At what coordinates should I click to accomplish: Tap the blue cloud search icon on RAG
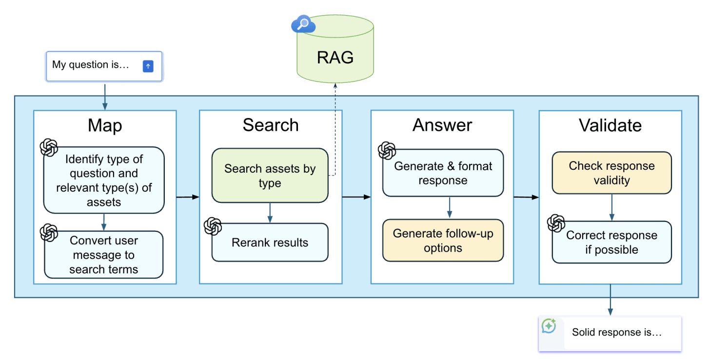pyautogui.click(x=303, y=24)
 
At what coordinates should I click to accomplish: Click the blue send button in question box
pyautogui.click(x=148, y=66)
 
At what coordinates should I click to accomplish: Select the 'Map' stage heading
pyautogui.click(x=105, y=125)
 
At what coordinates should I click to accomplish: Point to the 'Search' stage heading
pyautogui.click(x=271, y=125)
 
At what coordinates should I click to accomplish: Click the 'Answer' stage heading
pyautogui.click(x=442, y=125)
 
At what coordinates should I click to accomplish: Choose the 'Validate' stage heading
pyautogui.click(x=610, y=125)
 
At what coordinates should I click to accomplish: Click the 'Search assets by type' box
pyautogui.click(x=270, y=176)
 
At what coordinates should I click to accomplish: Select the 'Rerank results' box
pyautogui.click(x=270, y=242)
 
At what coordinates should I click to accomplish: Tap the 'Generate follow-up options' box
pyautogui.click(x=443, y=240)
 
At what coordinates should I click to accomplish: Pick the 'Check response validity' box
pyautogui.click(x=611, y=173)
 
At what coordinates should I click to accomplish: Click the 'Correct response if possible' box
pyautogui.click(x=611, y=242)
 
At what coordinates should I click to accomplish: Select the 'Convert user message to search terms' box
pyautogui.click(x=103, y=255)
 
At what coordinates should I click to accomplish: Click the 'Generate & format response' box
pyautogui.click(x=443, y=173)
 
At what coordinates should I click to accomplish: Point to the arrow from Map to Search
pyautogui.click(x=188, y=197)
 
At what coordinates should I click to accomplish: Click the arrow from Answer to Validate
pyautogui.click(x=526, y=197)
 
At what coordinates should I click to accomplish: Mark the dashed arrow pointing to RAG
pyautogui.click(x=335, y=127)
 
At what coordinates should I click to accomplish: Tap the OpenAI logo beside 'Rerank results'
pyautogui.click(x=213, y=226)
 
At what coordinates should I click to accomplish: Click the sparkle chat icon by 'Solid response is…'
pyautogui.click(x=549, y=326)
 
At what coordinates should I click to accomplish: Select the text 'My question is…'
pyautogui.click(x=91, y=64)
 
